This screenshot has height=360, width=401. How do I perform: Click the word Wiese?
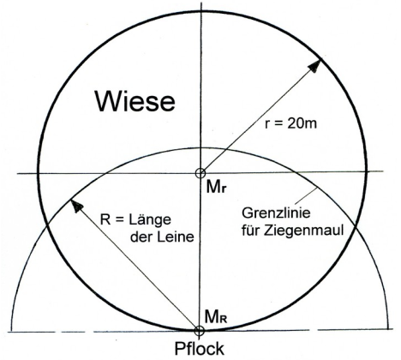click(x=135, y=101)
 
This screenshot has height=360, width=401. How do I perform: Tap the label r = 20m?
click(x=290, y=124)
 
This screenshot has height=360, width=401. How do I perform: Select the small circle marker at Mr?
click(x=200, y=173)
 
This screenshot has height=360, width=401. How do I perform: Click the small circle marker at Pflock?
click(x=199, y=331)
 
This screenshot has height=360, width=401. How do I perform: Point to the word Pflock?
click(x=200, y=349)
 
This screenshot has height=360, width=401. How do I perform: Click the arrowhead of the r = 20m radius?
click(x=313, y=66)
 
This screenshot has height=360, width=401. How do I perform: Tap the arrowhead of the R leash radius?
click(x=76, y=206)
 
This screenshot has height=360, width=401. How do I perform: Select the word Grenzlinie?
click(x=276, y=213)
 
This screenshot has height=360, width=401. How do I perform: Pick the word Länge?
click(x=150, y=220)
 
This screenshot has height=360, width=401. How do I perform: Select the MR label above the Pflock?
click(x=216, y=316)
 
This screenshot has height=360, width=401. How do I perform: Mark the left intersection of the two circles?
click(x=46, y=226)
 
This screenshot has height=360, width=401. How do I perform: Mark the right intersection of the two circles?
click(x=356, y=226)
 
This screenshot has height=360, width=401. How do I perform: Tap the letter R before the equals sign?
click(x=105, y=220)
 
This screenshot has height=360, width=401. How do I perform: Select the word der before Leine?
click(x=141, y=237)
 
